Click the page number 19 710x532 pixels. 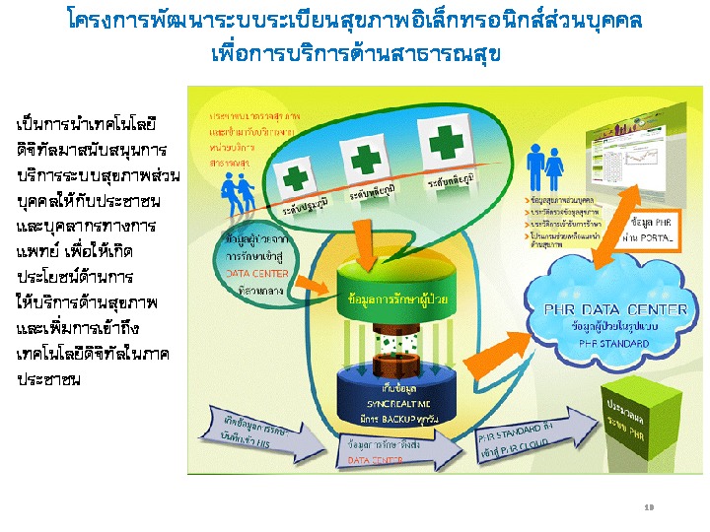click(649, 507)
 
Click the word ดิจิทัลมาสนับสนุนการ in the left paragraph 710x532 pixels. click(93, 152)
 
